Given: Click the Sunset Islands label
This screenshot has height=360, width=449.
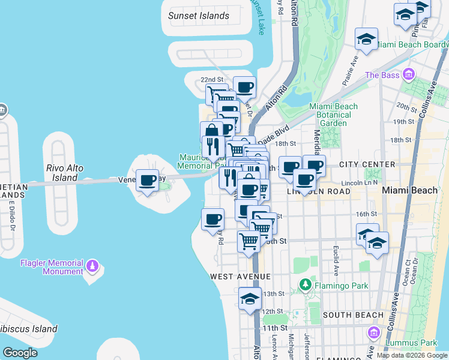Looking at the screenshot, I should point(199,16).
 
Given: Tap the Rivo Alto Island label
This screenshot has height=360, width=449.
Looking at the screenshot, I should point(65,173).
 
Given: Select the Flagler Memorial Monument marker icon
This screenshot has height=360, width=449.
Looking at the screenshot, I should point(92,265).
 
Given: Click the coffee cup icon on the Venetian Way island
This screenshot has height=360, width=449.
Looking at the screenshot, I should point(148,180).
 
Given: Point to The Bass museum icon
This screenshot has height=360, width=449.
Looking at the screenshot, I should point(409,74).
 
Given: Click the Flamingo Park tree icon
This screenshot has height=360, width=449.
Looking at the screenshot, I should point(306,283).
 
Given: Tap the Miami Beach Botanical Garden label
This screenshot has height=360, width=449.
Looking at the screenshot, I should point(333,115).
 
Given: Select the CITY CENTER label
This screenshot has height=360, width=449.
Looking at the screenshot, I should point(367,164).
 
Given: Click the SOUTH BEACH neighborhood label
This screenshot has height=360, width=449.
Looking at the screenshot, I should point(352,315).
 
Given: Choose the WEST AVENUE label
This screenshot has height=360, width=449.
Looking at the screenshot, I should point(240,277).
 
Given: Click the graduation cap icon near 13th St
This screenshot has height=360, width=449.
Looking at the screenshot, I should point(250,298).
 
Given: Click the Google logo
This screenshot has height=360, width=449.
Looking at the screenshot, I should point(20,353).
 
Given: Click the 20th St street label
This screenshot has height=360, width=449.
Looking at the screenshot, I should point(406,108).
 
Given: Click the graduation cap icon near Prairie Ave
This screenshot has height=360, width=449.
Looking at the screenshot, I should point(366,40).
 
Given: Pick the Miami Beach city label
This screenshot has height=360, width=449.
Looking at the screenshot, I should point(411,190).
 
